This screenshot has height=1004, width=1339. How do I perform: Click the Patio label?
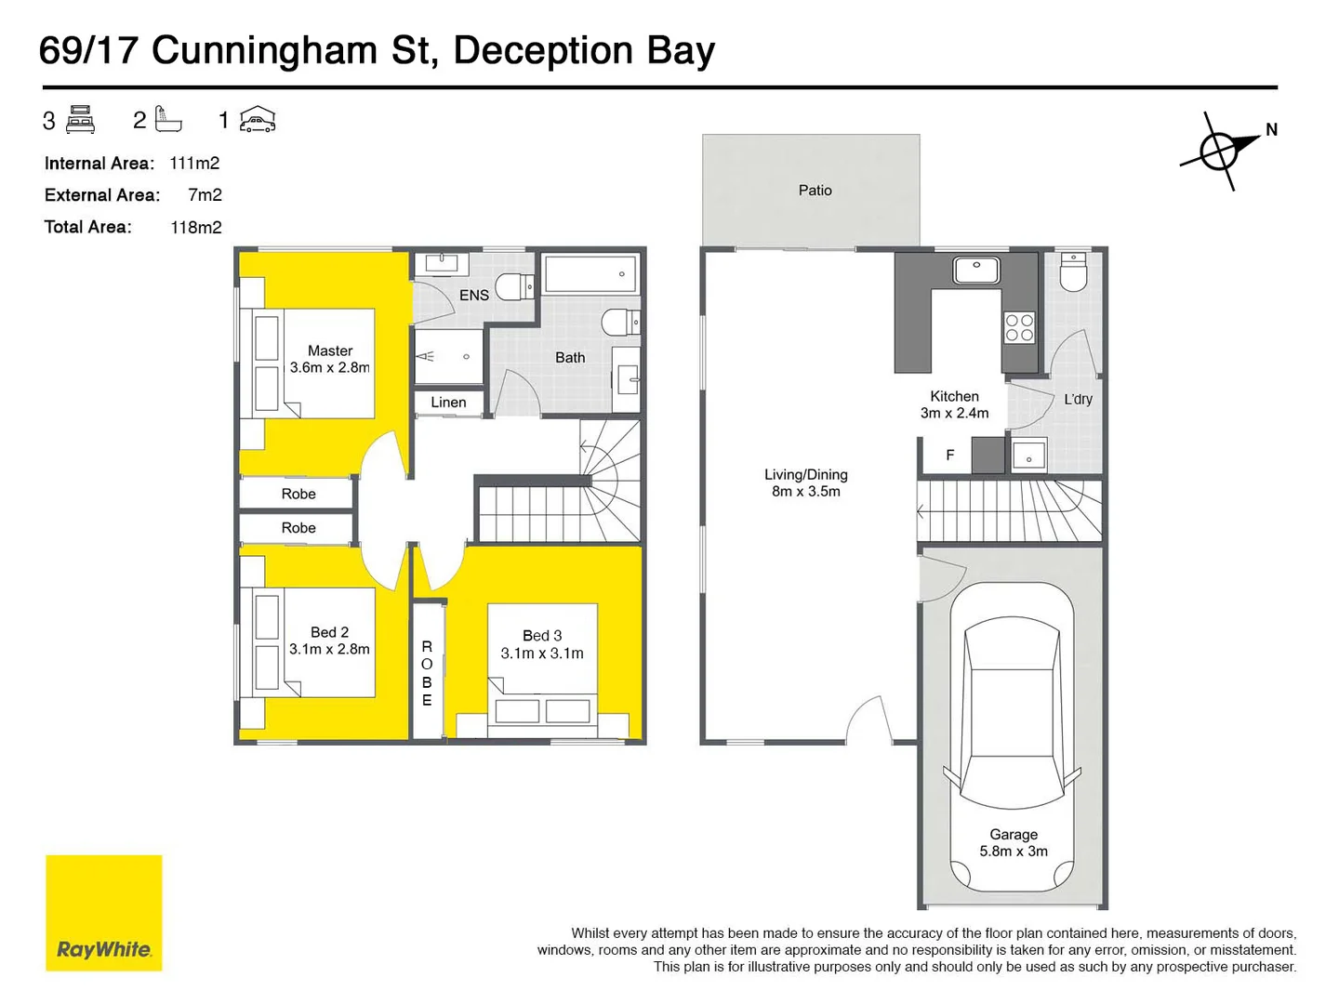click(815, 191)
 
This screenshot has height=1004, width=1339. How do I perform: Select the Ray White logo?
click(104, 913)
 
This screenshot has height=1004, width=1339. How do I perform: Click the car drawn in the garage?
click(1012, 734)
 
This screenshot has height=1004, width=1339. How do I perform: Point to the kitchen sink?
click(976, 270)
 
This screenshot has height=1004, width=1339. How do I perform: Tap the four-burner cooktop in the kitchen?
click(1019, 328)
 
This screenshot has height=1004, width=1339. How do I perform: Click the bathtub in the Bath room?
click(590, 274)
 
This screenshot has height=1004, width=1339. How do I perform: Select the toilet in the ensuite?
click(512, 286)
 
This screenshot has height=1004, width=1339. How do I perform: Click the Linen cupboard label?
click(448, 403)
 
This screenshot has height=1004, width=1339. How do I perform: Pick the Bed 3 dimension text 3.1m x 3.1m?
click(542, 654)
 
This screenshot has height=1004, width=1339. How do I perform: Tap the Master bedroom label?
click(330, 351)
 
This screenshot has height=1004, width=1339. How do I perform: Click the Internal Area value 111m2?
click(194, 164)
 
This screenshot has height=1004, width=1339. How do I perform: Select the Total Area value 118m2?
click(196, 228)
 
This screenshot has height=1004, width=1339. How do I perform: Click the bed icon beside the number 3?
click(81, 120)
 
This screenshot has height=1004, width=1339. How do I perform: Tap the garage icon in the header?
click(258, 120)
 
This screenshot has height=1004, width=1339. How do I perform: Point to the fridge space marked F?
click(949, 456)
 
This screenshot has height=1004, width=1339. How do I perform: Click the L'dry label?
click(1078, 400)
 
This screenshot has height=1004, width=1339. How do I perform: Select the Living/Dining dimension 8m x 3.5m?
click(805, 492)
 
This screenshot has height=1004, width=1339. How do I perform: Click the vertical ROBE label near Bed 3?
click(427, 673)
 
